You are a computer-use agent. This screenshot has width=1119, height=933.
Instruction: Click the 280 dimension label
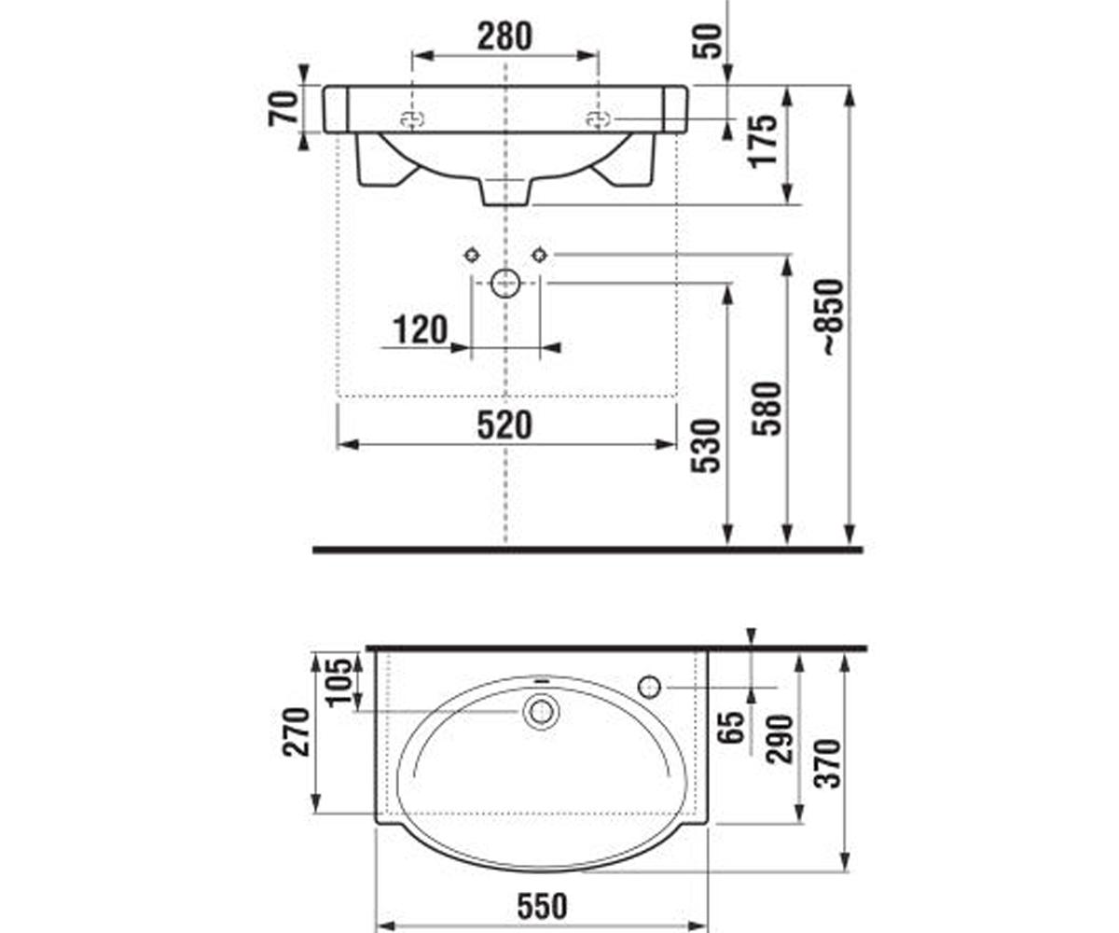(x=504, y=36)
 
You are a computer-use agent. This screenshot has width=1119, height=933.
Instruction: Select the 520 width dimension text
(x=504, y=425)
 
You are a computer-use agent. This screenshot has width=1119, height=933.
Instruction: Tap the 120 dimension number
(x=420, y=329)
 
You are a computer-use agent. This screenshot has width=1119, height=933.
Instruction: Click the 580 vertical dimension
(x=767, y=408)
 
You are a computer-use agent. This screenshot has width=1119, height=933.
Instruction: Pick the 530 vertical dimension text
(x=705, y=446)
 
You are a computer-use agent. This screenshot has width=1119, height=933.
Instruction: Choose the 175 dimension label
(x=763, y=142)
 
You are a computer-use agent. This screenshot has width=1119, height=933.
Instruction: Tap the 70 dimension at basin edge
(x=283, y=109)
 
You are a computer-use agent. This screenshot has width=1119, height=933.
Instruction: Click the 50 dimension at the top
(x=708, y=41)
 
